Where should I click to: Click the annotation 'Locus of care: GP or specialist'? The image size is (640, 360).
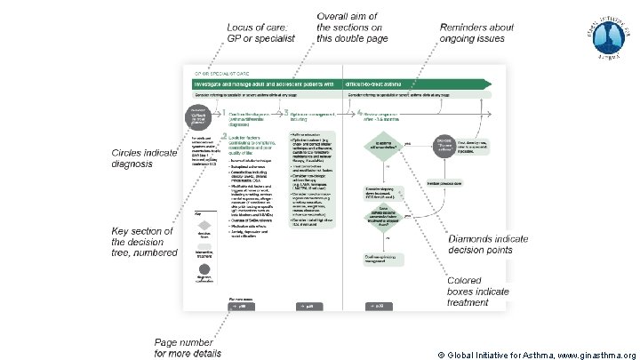(263, 35)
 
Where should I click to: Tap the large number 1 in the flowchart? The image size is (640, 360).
(225, 114)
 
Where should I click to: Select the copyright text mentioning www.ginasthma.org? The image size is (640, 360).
(536, 354)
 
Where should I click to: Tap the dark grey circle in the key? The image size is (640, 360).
(205, 268)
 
